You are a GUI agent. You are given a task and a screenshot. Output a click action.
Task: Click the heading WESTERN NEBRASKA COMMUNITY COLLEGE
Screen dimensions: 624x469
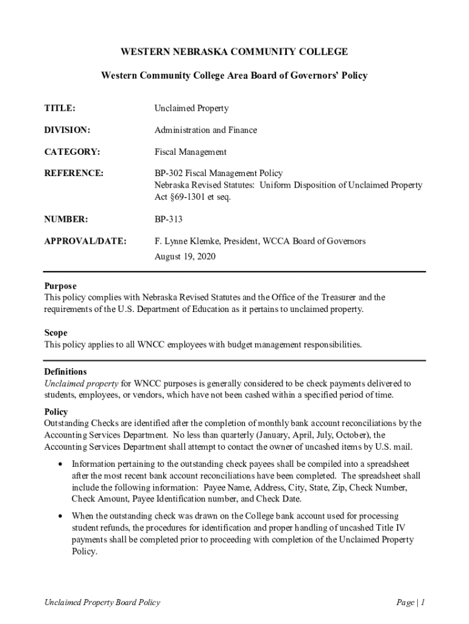click(x=234, y=52)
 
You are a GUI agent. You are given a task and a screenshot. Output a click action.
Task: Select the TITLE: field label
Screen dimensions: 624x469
click(x=60, y=108)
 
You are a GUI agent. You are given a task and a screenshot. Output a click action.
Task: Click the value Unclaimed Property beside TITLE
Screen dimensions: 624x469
click(x=191, y=108)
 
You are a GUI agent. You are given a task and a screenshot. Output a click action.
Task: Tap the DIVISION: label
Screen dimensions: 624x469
click(x=67, y=130)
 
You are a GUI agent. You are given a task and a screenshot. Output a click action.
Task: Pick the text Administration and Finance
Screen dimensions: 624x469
click(x=205, y=130)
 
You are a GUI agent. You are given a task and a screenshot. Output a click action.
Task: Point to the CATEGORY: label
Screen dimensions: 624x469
click(x=72, y=152)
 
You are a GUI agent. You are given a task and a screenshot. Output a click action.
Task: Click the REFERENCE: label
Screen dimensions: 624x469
click(x=74, y=174)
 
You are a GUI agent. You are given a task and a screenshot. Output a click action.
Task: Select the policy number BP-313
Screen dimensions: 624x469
click(x=168, y=219)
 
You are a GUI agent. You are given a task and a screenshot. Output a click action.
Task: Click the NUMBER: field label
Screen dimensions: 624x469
click(x=66, y=219)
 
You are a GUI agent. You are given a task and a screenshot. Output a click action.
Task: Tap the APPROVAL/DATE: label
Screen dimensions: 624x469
click(x=85, y=241)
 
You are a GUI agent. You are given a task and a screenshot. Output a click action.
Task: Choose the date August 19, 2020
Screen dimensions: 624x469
click(x=185, y=257)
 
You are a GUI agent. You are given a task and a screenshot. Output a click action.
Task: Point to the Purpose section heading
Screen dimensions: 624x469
click(x=60, y=286)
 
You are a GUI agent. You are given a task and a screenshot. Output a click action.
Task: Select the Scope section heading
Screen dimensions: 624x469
click(x=55, y=333)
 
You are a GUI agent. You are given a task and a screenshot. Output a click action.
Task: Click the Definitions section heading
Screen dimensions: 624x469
click(x=65, y=372)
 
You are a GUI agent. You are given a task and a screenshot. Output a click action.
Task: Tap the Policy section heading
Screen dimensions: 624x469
click(x=56, y=413)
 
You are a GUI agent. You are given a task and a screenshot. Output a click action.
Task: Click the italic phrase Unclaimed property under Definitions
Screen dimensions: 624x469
click(x=81, y=383)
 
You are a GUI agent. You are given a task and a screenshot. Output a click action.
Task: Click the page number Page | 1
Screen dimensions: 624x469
click(x=410, y=603)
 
